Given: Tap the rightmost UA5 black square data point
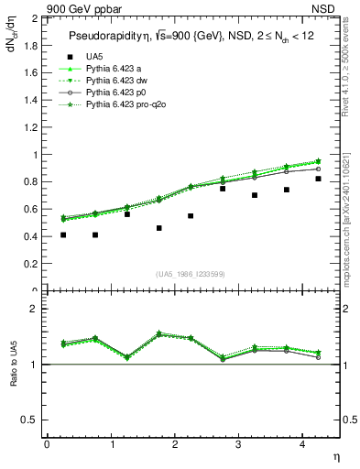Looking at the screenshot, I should [x=318, y=179].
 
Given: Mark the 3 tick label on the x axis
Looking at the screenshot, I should [x=238, y=444].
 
